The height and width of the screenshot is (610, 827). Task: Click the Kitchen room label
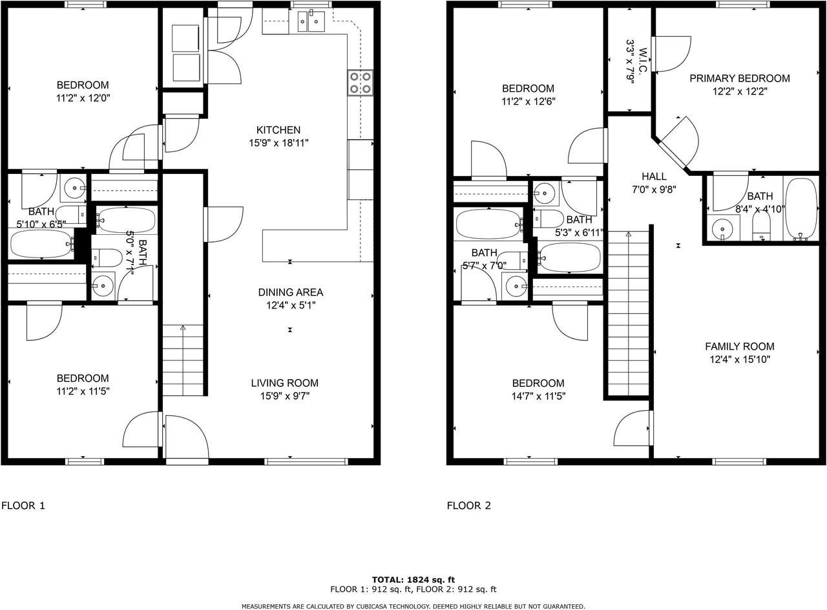[278, 130]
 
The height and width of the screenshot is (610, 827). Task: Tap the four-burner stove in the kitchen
[361, 82]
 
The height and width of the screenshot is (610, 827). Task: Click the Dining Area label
[290, 292]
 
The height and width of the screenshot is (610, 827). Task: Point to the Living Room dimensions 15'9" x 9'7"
[285, 396]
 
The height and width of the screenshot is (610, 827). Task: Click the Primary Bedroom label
[739, 78]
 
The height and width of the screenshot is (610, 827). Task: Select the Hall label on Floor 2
[654, 177]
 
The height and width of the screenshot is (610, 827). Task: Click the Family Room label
[739, 347]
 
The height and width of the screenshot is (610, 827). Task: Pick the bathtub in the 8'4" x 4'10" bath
[801, 209]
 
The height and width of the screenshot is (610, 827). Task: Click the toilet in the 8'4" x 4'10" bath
[762, 226]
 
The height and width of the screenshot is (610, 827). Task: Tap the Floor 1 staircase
[183, 359]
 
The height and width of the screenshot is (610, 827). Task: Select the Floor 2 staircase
[628, 314]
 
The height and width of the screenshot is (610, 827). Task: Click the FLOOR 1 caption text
[23, 505]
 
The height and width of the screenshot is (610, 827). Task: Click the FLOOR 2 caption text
[468, 505]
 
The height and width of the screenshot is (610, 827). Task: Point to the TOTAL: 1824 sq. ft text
[413, 580]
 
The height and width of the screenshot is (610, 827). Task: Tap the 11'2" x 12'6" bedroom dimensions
[529, 102]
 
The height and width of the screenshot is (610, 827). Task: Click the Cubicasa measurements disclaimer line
[413, 606]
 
